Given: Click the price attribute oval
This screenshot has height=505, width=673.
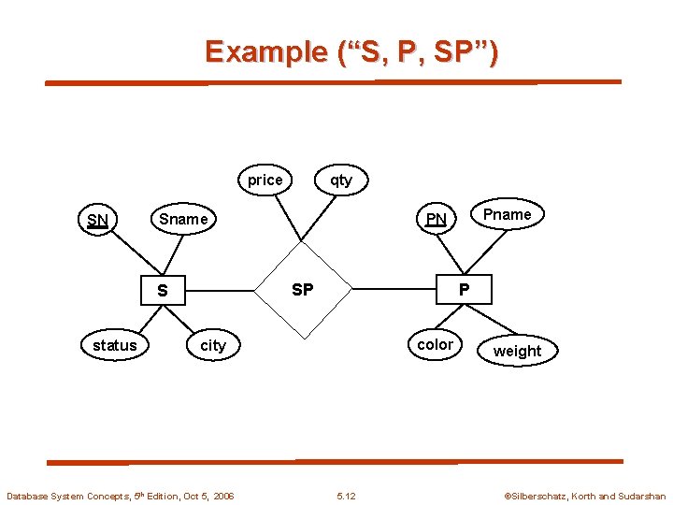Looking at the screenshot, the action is (x=265, y=180).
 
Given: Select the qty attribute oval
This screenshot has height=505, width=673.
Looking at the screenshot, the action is (x=341, y=180).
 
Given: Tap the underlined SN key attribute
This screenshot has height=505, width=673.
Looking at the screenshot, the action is (x=97, y=221).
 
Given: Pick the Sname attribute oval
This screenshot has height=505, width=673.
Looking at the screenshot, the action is (x=183, y=219).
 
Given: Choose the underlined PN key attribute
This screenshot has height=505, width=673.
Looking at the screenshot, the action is (x=436, y=220).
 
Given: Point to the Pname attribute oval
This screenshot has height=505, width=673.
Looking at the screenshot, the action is (x=507, y=214).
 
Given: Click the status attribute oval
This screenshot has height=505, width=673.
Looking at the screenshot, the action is (x=115, y=345).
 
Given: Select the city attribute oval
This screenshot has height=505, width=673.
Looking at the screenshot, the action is (x=213, y=345).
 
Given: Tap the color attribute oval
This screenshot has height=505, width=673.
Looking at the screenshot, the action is (x=435, y=344).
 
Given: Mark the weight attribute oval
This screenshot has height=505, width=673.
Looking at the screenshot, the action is (x=517, y=351).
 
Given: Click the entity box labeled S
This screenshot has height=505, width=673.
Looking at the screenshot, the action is (x=163, y=290).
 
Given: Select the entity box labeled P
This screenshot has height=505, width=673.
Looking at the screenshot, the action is (x=464, y=290).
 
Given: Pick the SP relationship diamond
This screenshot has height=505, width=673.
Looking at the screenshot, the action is (x=303, y=290).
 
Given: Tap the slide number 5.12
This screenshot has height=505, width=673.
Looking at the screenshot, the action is (x=345, y=496).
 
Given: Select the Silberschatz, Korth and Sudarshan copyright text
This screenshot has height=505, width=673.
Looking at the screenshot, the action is (x=584, y=496).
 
